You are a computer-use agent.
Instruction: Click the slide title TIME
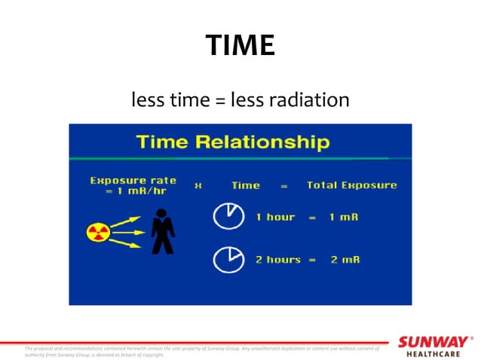(240, 47)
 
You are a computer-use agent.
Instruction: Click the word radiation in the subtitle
(309, 99)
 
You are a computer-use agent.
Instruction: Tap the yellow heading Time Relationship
(231, 142)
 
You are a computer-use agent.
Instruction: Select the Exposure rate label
(133, 180)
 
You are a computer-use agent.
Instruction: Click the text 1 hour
(275, 217)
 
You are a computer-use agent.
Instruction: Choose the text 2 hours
(277, 259)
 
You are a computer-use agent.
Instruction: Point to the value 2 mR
(345, 259)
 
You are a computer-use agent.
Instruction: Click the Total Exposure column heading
(351, 185)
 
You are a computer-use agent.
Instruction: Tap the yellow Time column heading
(245, 185)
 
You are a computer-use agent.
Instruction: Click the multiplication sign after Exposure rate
(198, 185)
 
